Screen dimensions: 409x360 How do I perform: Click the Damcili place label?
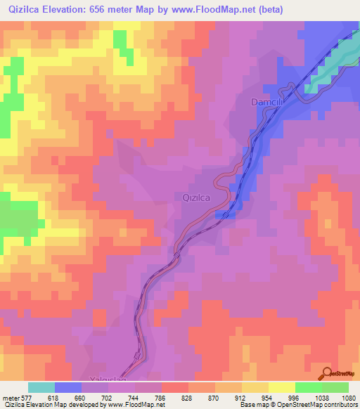click(266, 103)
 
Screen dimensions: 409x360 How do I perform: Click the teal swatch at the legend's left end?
click(41, 387)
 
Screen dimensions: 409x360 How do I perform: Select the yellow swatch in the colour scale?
click(281, 387)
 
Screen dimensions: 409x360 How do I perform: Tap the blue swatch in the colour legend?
click(68, 387)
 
